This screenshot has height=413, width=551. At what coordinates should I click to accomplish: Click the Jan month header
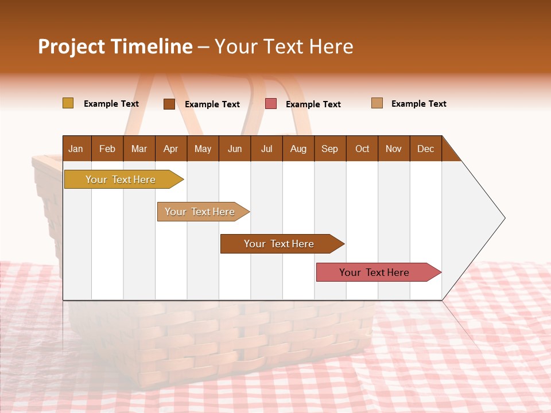(76, 149)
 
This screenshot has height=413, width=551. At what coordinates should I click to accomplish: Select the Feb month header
(107, 149)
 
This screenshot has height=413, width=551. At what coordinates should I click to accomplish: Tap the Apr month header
(170, 149)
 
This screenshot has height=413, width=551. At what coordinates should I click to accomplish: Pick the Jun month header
(235, 149)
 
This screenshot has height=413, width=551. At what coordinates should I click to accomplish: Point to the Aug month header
(298, 149)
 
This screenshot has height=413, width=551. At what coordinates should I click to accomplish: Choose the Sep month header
(329, 149)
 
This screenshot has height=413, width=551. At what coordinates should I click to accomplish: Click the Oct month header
(362, 149)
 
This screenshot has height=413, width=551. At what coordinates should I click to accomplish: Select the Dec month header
(425, 149)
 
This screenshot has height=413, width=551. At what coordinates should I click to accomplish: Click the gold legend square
(68, 103)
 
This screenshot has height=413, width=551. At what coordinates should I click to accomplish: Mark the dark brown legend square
(169, 104)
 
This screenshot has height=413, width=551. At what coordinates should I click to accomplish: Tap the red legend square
(271, 104)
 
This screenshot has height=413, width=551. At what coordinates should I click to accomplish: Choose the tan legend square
(377, 103)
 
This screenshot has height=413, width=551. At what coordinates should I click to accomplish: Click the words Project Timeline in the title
(115, 46)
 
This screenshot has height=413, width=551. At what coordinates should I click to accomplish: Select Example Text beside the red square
(313, 104)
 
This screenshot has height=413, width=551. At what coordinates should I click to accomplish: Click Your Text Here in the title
(284, 46)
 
